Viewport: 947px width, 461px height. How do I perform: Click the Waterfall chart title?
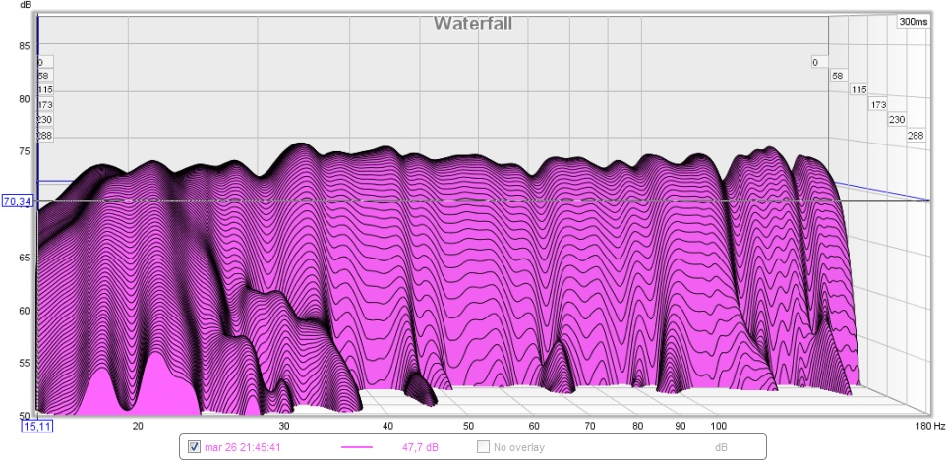[473, 24]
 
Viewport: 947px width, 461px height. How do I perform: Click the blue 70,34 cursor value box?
[17, 202]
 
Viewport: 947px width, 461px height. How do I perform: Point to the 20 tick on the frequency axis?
[139, 426]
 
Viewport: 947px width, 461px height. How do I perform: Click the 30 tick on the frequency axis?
[283, 426]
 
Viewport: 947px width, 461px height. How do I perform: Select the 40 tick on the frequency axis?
[387, 426]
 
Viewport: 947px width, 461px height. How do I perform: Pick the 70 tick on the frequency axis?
[588, 426]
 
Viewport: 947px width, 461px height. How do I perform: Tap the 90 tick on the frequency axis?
[680, 426]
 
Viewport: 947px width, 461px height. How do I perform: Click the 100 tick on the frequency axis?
[718, 426]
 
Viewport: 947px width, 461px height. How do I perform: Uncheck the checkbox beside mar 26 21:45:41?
[194, 447]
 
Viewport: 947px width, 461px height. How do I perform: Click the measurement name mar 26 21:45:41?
[244, 447]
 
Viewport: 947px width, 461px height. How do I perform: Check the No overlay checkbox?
[483, 447]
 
